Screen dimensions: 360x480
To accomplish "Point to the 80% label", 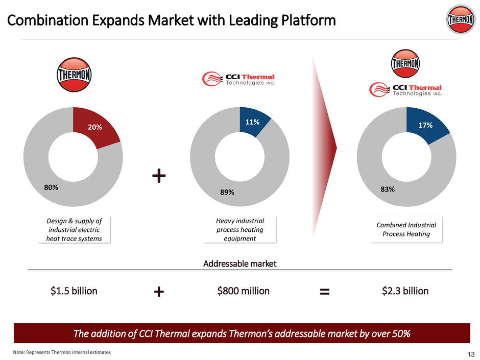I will (x=51, y=187).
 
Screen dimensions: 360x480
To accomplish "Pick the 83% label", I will (x=387, y=189).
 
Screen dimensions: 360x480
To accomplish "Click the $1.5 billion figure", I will (x=74, y=291).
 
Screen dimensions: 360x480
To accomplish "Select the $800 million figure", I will (x=244, y=291).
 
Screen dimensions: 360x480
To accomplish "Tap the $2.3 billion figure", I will (x=405, y=291).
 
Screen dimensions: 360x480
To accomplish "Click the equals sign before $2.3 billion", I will (x=325, y=292).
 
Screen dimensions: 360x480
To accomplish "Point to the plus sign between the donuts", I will (x=159, y=176).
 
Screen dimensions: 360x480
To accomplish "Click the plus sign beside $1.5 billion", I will (x=159, y=292).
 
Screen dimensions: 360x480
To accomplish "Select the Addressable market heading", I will (x=239, y=264).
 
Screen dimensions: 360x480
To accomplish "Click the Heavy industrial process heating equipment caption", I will (x=240, y=230).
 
